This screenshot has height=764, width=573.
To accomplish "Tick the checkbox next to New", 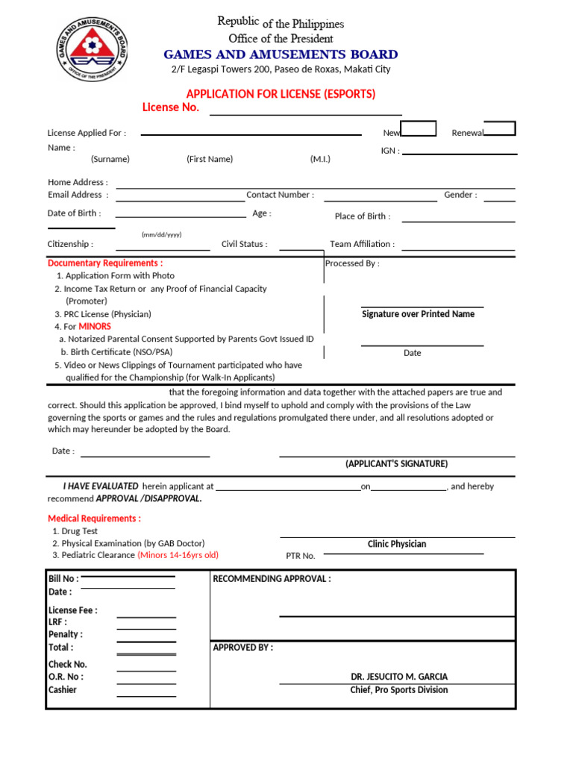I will [419, 128].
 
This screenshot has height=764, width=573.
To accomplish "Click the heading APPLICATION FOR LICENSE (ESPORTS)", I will [281, 94].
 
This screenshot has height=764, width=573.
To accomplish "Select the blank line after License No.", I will [306, 112].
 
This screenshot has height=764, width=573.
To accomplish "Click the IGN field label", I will [390, 151].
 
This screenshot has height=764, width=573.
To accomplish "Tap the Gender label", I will [460, 195].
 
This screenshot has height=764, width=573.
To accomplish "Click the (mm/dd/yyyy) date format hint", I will [161, 234].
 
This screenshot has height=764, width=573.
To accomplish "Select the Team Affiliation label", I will [363, 244].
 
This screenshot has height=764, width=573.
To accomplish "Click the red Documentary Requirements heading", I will [105, 263].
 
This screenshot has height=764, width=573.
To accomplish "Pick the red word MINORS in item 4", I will [95, 327].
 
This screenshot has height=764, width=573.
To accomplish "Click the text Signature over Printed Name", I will [418, 314].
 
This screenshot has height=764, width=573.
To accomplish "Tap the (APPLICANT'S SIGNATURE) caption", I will [396, 464].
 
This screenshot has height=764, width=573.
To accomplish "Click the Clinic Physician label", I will [397, 545].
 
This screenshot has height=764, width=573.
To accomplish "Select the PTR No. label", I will [301, 556].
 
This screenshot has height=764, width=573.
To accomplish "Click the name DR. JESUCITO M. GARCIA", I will [399, 677].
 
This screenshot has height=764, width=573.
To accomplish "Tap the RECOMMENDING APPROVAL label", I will [272, 579].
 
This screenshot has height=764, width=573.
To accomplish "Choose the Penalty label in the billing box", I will [66, 634].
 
